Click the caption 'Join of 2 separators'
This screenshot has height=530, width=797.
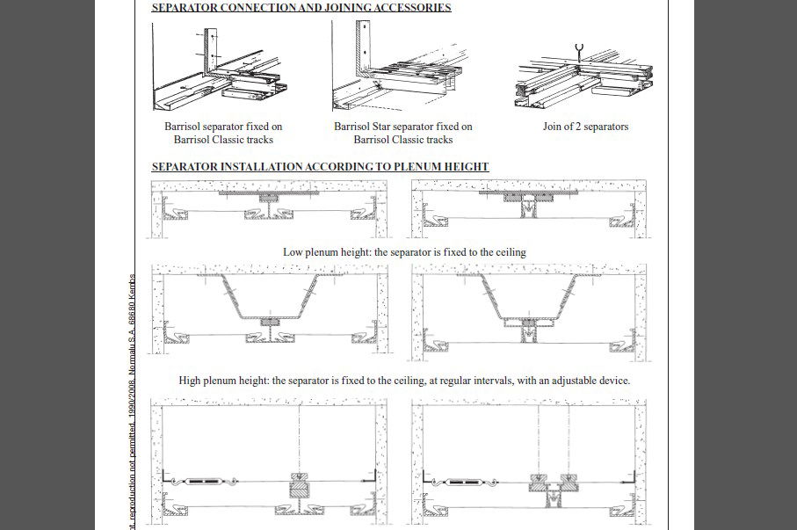click(585, 127)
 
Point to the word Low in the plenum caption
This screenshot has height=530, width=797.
click(293, 252)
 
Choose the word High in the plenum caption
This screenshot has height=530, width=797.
click(191, 381)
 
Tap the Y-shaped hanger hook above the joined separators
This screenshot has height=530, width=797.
click(578, 49)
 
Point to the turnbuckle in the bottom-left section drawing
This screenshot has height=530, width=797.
click(206, 482)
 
